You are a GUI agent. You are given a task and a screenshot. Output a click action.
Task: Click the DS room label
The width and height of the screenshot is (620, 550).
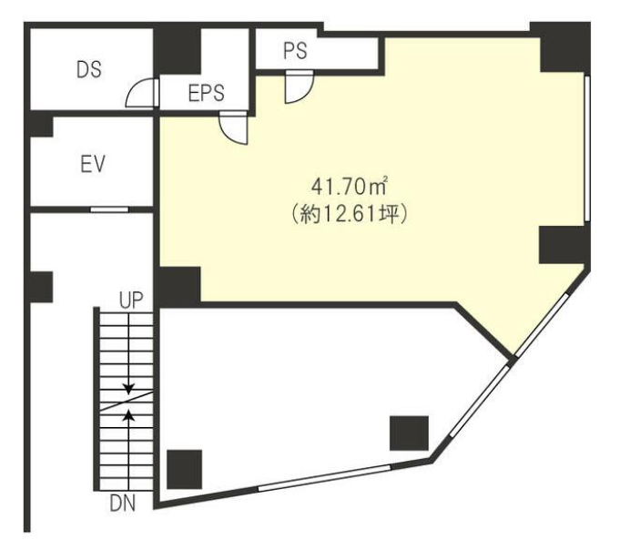tap(89, 69)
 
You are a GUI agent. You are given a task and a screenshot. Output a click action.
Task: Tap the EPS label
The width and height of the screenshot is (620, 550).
tap(207, 93)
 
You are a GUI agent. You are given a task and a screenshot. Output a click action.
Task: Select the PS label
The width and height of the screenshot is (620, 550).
tap(295, 51)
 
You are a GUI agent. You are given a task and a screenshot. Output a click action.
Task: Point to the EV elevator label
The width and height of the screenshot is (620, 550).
tap(93, 164)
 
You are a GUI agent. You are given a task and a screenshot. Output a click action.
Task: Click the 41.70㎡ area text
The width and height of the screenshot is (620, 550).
tap(349, 187)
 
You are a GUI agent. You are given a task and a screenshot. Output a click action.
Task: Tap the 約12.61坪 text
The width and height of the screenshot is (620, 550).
tap(349, 215)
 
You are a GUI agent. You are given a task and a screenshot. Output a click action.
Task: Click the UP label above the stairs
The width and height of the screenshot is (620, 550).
tap(131, 300)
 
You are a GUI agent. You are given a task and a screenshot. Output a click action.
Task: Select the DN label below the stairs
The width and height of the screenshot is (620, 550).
tap(123, 504)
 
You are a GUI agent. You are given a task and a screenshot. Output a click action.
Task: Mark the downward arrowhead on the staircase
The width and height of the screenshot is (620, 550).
tap(128, 389)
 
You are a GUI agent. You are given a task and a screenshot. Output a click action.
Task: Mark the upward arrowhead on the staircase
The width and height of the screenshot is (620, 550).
tap(128, 414)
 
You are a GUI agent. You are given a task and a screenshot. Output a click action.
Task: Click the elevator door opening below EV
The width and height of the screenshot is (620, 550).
tap(109, 209)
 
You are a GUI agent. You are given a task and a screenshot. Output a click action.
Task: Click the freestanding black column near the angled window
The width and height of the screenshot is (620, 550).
tap(410, 433)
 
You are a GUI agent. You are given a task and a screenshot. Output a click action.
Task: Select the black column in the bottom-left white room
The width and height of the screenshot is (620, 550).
tap(184, 469)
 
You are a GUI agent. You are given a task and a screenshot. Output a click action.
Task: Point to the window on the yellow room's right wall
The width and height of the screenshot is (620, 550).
tap(587, 148)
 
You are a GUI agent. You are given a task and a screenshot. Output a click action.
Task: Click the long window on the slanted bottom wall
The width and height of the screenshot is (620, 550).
tap(324, 478)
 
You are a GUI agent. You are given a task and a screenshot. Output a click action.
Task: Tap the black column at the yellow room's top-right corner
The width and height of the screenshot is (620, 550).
tap(563, 47)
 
